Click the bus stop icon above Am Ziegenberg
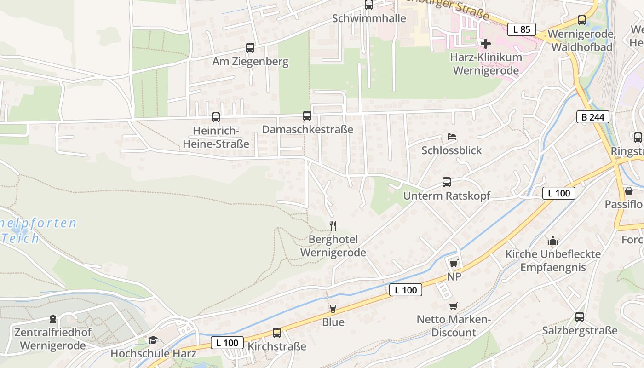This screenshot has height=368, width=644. point(250,48)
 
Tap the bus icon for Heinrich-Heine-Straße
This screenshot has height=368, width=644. point(216,117)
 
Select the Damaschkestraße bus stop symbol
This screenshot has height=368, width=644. point(307,116)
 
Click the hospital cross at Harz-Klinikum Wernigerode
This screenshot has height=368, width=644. point(485,44)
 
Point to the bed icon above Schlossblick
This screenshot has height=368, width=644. point(452,137)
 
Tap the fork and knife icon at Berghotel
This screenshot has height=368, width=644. point(333,225)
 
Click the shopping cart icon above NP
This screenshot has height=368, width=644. point(454,263)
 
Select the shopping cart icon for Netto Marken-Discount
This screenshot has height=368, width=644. point(454,306)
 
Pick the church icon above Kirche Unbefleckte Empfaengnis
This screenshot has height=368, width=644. point(552,241)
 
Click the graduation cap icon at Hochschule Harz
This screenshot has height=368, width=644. point(153,340)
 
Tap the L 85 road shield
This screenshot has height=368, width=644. point(522,29)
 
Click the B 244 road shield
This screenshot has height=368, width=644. point(593,117)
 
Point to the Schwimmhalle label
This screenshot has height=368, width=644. point(369,18)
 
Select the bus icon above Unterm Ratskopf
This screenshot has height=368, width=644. point(447,182)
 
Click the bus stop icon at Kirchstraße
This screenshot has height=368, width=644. point(277,333)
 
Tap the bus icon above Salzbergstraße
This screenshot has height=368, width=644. point(580,317)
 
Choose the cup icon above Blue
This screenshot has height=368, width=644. point(333,308)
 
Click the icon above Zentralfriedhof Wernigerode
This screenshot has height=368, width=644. point(53,319)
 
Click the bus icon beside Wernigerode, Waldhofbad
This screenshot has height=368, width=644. point(582,20)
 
